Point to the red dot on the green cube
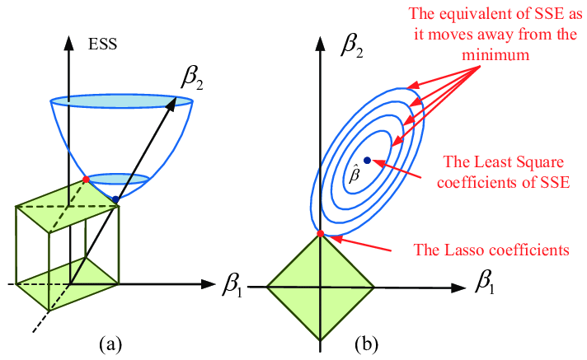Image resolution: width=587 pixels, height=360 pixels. click(x=86, y=179)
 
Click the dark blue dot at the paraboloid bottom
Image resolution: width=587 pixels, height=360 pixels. click(x=115, y=199)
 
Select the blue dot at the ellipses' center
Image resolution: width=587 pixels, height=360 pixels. click(x=366, y=159)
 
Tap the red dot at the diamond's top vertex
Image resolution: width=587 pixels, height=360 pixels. click(x=321, y=234)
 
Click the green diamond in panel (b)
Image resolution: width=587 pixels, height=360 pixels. click(x=321, y=287)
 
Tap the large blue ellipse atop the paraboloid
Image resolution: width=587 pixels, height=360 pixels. click(x=122, y=103)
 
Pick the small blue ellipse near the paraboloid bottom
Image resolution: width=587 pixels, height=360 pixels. click(x=119, y=178)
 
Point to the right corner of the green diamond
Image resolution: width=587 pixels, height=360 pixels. click(x=374, y=287)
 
